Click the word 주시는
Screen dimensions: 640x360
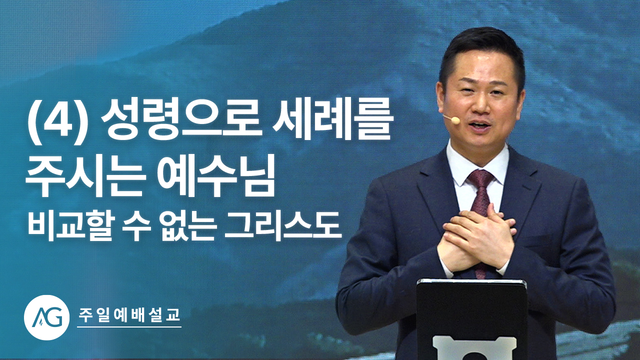pyautogui.click(x=85, y=175)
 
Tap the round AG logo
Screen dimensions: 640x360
pyautogui.click(x=46, y=317)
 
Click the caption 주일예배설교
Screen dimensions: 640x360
pyautogui.click(x=129, y=315)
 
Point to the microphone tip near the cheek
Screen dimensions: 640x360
pyautogui.click(x=456, y=120)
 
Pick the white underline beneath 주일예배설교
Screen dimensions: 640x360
pyautogui.click(x=129, y=327)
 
